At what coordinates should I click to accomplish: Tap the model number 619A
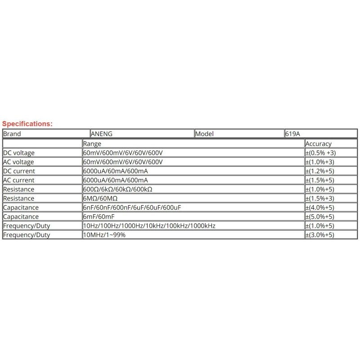click(x=292, y=134)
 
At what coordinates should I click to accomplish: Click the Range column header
click(x=92, y=144)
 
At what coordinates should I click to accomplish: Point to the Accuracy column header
click(x=318, y=144)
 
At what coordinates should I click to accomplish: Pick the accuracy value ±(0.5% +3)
click(x=321, y=153)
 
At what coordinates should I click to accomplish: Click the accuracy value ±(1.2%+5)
click(x=320, y=171)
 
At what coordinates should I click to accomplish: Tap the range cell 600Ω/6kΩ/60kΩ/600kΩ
click(x=118, y=189)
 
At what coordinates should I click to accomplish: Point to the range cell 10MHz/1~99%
click(x=104, y=235)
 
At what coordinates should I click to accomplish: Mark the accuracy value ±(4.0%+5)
click(x=320, y=207)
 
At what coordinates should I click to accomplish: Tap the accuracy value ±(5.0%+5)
click(x=320, y=216)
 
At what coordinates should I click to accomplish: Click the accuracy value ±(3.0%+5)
click(x=320, y=235)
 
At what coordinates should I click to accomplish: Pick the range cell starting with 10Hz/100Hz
click(x=149, y=226)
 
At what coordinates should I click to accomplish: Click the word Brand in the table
click(x=12, y=134)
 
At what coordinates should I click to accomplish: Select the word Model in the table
click(x=205, y=134)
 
